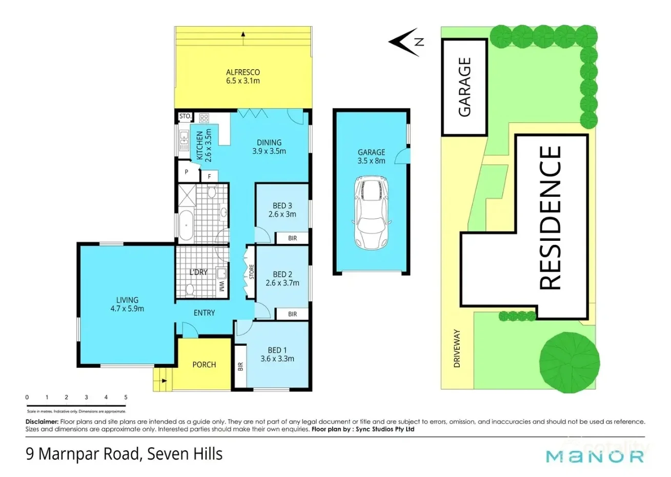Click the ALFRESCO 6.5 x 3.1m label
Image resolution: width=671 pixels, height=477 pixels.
(x=243, y=76)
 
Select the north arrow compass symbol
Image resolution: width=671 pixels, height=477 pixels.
(x=406, y=42)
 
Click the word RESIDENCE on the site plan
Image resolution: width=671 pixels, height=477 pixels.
(x=551, y=218)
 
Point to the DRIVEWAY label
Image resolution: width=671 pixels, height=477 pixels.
(x=457, y=348)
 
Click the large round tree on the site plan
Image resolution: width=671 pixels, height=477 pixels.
(x=570, y=362)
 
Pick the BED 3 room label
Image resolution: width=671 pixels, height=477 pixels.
(x=282, y=210)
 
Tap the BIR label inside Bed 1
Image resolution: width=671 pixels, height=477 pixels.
(x=240, y=366)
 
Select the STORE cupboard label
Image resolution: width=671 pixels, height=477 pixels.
(x=251, y=272)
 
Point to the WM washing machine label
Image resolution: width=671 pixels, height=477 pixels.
(x=222, y=285)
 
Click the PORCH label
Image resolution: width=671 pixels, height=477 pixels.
(x=204, y=365)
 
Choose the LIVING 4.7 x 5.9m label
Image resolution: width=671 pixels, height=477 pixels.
(x=127, y=304)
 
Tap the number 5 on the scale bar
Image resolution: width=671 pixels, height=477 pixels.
(x=126, y=397)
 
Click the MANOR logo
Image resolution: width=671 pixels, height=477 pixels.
(x=595, y=456)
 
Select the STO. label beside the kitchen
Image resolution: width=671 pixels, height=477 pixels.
(x=185, y=116)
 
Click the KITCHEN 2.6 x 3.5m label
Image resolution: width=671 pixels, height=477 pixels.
(x=204, y=146)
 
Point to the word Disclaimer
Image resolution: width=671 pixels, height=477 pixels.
(x=42, y=422)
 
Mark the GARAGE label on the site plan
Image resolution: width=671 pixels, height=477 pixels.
(x=464, y=87)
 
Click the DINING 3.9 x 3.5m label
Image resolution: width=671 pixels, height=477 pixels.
(x=269, y=147)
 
